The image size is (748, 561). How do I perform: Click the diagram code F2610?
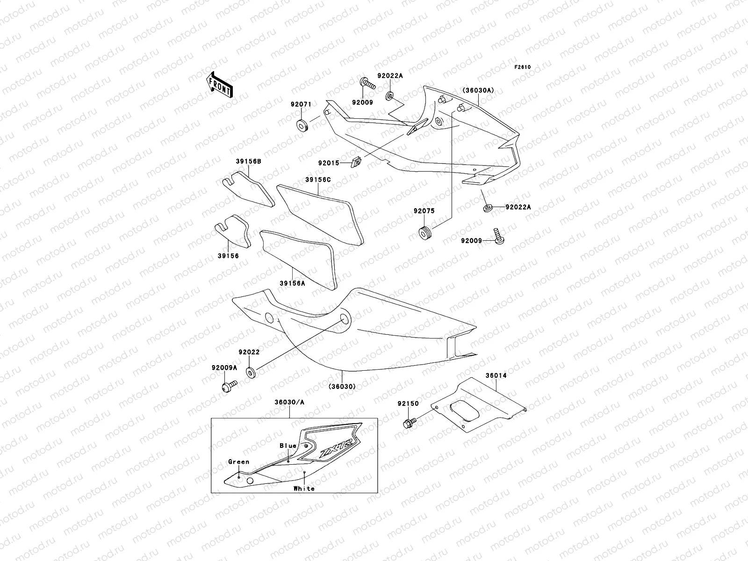click(523, 67)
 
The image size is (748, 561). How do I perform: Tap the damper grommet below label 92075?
click(424, 232)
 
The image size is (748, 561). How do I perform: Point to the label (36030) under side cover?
click(342, 386)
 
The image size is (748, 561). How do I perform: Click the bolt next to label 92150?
click(407, 424)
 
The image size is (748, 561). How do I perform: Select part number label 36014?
click(496, 375)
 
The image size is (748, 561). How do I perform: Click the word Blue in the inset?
click(288, 446)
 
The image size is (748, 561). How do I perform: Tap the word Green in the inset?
click(238, 461)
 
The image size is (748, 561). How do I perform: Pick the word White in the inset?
click(304, 489)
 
